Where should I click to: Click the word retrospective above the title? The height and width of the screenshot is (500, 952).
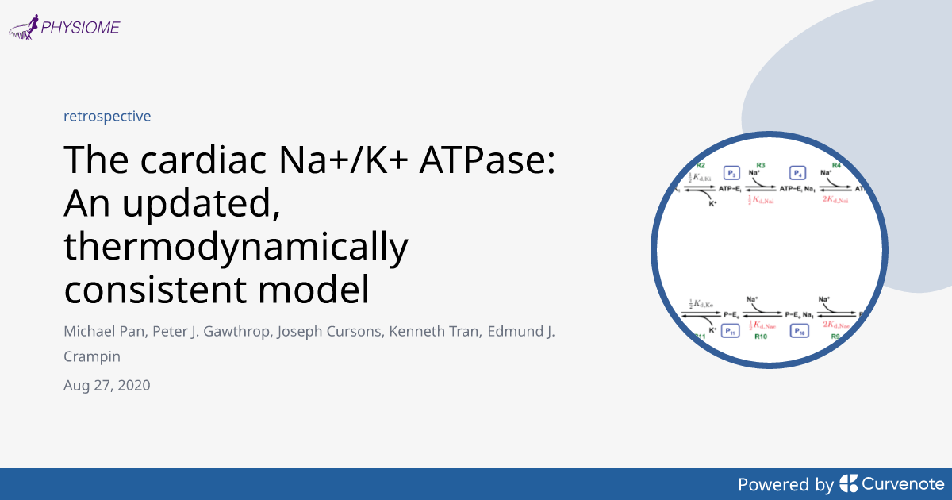coord(107,116)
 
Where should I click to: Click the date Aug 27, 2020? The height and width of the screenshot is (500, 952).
coord(107,386)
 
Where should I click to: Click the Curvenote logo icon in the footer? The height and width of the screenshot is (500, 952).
coord(848,483)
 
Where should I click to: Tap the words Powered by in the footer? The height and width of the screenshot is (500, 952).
coord(785,484)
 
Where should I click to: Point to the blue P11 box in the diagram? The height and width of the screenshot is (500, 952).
coord(731,331)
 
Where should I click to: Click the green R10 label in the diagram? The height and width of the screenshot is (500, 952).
coord(760,337)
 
